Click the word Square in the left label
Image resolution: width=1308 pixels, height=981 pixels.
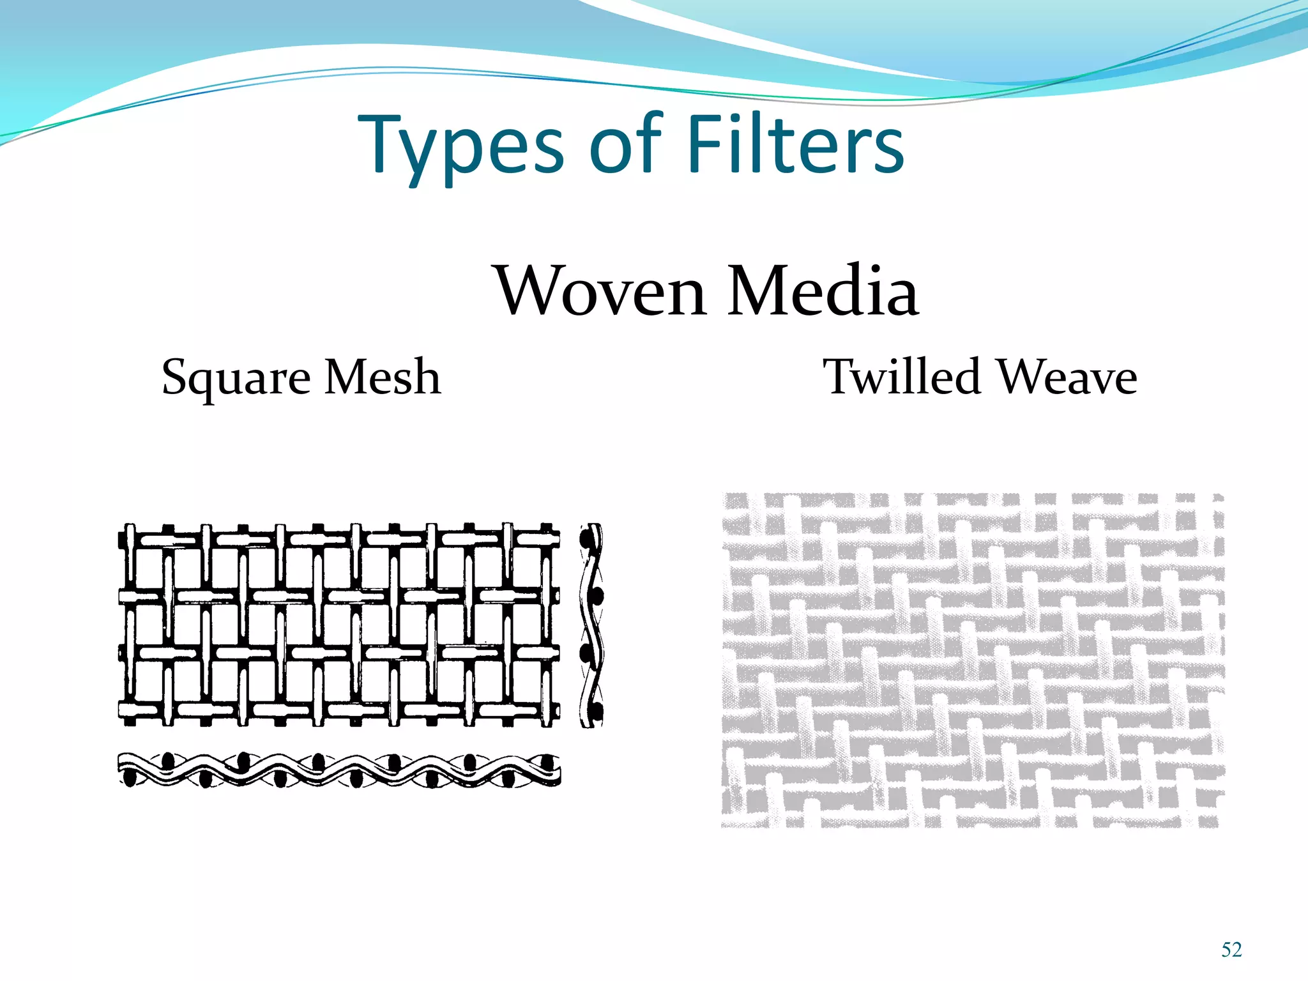237,378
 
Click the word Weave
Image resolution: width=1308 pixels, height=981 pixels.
1067,378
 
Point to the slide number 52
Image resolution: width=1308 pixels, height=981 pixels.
1231,950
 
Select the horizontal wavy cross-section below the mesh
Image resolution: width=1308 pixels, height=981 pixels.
339,770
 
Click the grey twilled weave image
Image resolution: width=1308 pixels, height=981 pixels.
972,660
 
